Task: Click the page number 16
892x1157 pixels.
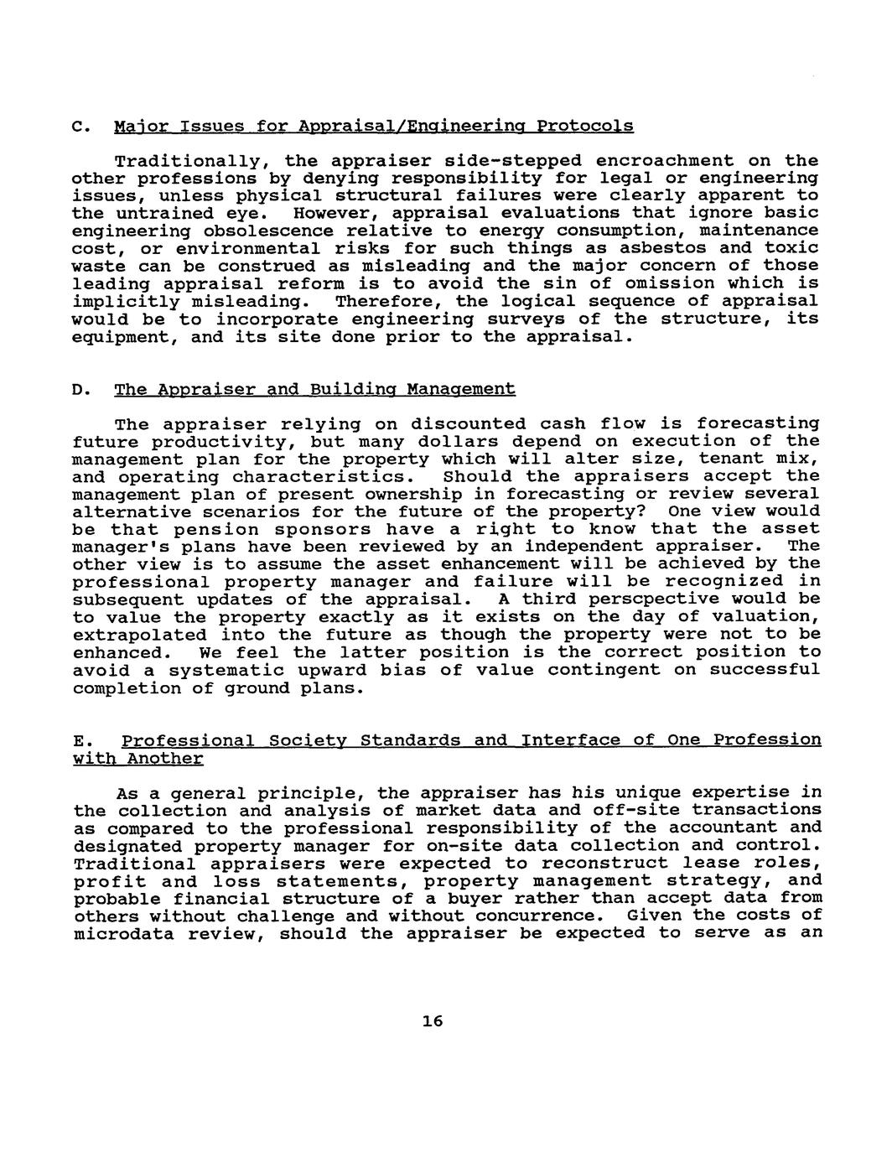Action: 433,1020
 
